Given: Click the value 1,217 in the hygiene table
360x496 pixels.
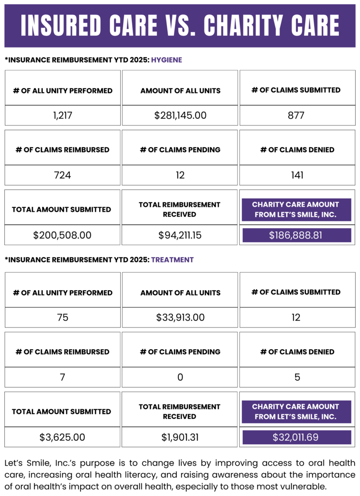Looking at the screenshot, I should (63, 115).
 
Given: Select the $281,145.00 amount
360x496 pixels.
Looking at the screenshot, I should (180, 115).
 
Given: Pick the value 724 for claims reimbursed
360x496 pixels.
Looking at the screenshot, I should (63, 175).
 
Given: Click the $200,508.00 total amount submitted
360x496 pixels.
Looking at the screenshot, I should (63, 235).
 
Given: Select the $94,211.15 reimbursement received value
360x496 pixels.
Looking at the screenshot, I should (180, 235).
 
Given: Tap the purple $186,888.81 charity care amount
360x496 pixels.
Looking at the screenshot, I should (296, 235).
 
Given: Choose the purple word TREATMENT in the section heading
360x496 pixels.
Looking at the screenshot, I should (172, 260).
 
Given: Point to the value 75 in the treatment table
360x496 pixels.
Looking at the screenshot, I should (63, 317).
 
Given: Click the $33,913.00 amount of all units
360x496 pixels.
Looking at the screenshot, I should (180, 317).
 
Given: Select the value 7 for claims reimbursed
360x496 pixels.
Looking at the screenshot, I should (63, 377).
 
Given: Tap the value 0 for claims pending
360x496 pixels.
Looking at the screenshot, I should (180, 377).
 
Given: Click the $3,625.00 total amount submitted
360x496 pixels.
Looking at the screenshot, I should (63, 437).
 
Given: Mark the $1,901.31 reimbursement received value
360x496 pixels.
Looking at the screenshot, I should (180, 437).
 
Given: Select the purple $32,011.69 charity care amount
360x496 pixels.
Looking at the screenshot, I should (296, 437).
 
